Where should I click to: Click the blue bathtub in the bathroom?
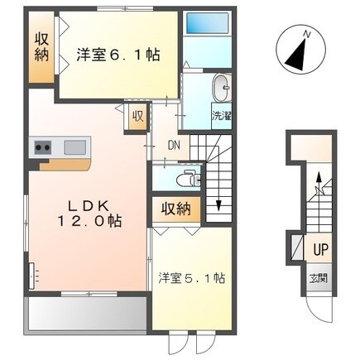[x=208, y=23]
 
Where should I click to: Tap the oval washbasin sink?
[x=221, y=88]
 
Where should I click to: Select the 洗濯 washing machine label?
[x=222, y=116]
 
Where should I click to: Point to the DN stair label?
[x=175, y=145]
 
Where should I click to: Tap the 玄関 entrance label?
[x=319, y=279]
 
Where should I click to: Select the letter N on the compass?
[x=306, y=34]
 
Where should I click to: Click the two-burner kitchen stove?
[x=43, y=147]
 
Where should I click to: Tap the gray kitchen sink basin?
[x=75, y=147]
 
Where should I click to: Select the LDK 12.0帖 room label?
[x=89, y=214]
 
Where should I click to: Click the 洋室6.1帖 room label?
[x=118, y=55]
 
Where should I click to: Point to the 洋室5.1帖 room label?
[x=192, y=278]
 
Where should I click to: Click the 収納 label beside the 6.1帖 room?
[x=41, y=47]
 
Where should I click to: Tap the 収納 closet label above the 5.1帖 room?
[x=176, y=209]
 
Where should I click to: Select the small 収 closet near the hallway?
[x=138, y=116]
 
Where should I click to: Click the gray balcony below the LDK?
[x=88, y=314]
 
